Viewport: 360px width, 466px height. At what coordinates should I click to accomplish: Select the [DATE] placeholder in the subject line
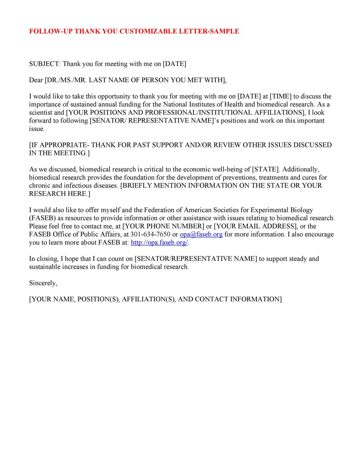174,64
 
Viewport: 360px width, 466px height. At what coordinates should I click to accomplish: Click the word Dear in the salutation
36,80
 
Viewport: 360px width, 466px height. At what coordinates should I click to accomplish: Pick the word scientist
41,113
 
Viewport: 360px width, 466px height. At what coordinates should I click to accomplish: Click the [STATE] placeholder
265,169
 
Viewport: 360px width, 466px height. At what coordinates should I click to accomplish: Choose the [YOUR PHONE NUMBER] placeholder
163,226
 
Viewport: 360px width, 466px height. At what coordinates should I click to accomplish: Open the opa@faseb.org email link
201,235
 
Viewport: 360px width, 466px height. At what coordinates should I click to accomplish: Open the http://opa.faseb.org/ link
159,243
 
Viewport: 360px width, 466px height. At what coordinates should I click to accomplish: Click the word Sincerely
43,283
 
